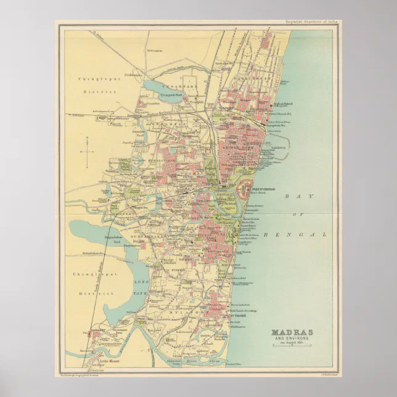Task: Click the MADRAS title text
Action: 292,333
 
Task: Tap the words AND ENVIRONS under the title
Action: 292,339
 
